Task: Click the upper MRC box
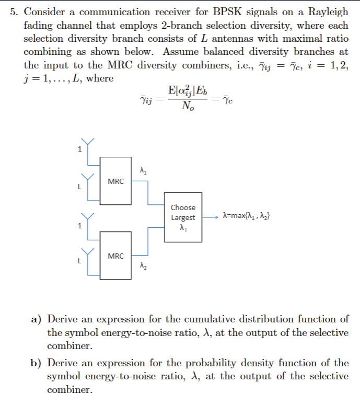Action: [116, 180]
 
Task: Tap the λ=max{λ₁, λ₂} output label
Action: [246, 215]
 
